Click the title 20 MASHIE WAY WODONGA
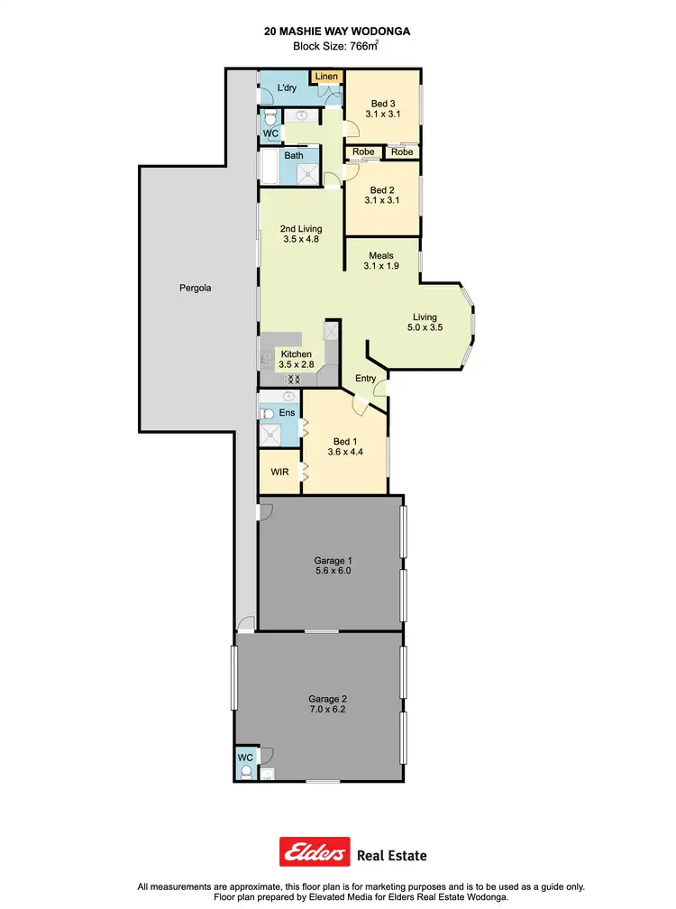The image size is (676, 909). [338, 30]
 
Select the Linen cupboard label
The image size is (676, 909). [326, 77]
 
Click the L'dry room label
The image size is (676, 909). [287, 87]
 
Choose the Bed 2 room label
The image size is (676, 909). [383, 190]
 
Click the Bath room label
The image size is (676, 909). [294, 155]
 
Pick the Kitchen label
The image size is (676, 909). [296, 354]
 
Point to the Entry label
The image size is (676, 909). [365, 378]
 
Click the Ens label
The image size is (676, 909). [287, 413]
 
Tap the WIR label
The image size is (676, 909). [279, 471]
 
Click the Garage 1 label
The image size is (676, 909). [330, 560]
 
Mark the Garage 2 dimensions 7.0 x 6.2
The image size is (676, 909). [326, 710]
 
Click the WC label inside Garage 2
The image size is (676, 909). [245, 757]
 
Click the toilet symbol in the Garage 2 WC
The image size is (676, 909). [246, 772]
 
